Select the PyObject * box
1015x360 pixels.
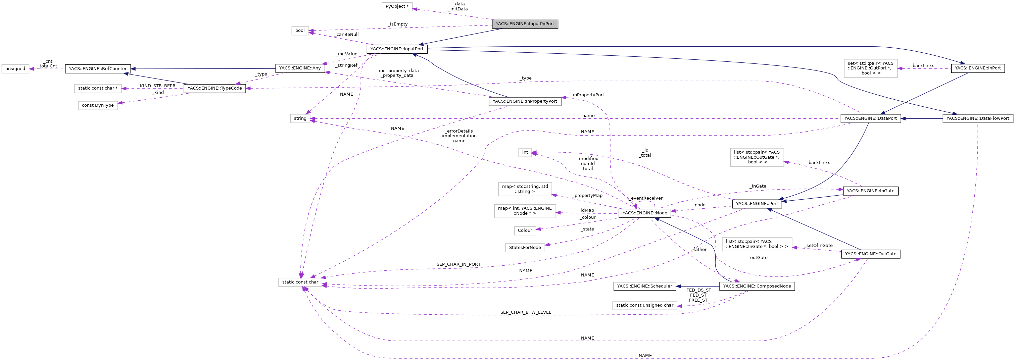click(x=397, y=7)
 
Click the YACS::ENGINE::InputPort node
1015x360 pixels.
click(x=397, y=49)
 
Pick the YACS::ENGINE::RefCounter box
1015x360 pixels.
click(x=98, y=69)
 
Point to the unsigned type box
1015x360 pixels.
click(x=15, y=69)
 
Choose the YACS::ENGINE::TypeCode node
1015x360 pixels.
click(x=215, y=89)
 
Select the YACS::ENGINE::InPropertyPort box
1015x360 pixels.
click(x=525, y=102)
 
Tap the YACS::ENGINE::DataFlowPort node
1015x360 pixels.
click(x=977, y=118)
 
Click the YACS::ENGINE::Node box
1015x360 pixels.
click(x=645, y=213)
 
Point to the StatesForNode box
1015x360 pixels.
click(x=525, y=248)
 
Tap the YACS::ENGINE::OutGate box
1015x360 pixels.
click(x=870, y=254)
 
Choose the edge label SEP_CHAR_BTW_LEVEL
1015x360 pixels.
click(x=525, y=312)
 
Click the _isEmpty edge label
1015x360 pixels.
click(x=397, y=24)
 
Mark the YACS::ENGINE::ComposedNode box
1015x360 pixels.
click(x=757, y=286)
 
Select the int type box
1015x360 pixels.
click(x=525, y=152)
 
